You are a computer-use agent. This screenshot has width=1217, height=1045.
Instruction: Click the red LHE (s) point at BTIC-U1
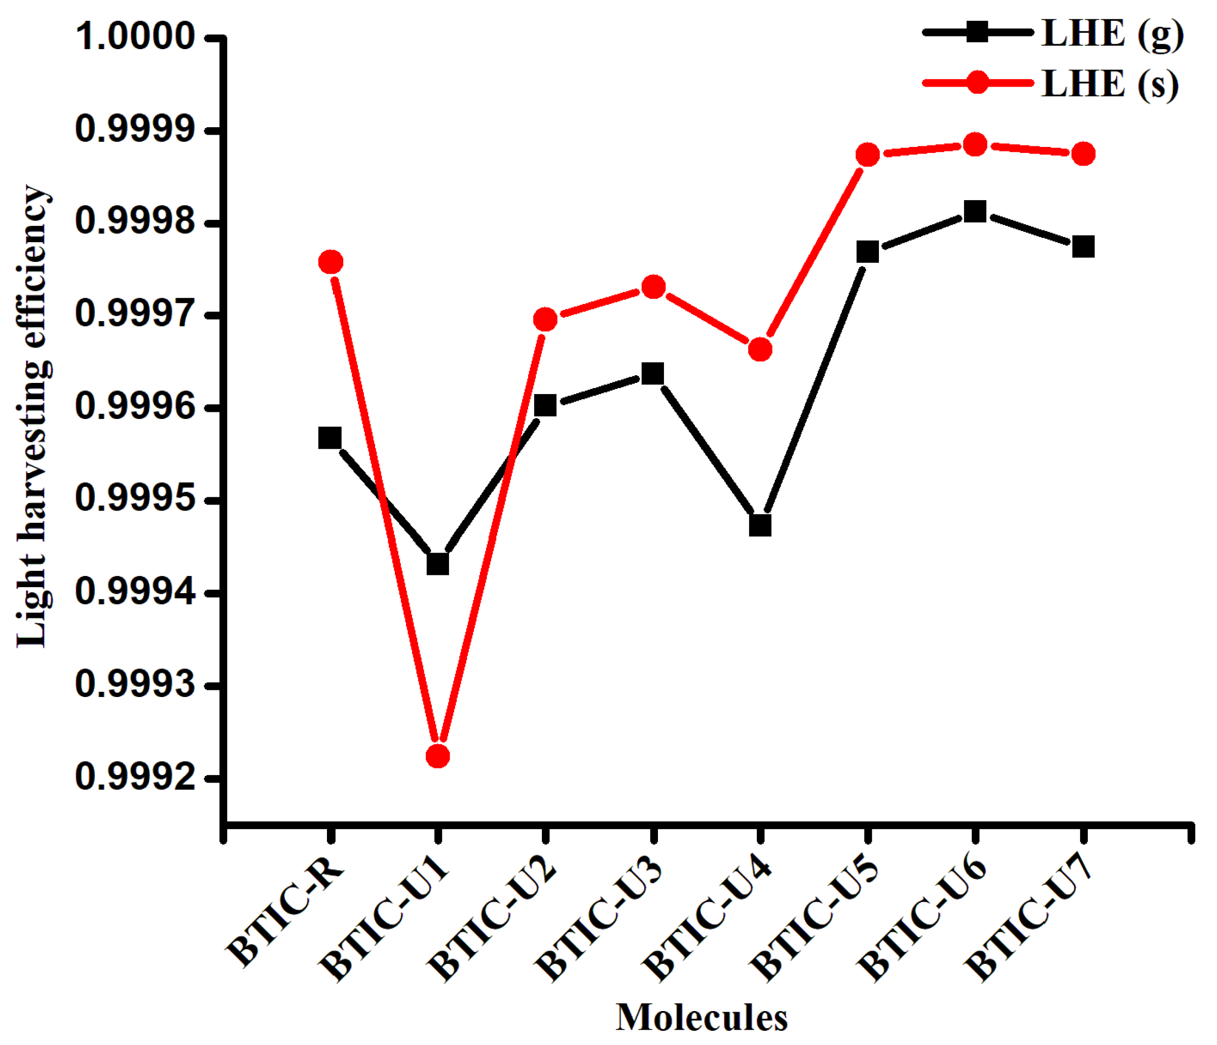pyautogui.click(x=437, y=756)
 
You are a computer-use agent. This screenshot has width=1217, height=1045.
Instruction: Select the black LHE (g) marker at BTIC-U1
pyautogui.click(x=437, y=564)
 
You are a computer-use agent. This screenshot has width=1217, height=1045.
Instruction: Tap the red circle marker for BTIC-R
pyautogui.click(x=330, y=262)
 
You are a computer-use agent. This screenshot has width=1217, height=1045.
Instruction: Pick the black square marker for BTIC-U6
pyautogui.click(x=975, y=211)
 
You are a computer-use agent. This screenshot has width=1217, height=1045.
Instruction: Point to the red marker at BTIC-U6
pyautogui.click(x=975, y=144)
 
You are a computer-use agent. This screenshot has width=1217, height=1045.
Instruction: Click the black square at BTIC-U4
pyautogui.click(x=760, y=525)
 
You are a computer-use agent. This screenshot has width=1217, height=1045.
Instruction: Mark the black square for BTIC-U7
pyautogui.click(x=1083, y=247)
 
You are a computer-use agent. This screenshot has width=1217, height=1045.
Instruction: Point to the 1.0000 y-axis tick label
pyautogui.click(x=135, y=37)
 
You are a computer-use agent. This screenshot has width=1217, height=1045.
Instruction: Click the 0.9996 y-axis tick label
pyautogui.click(x=135, y=407)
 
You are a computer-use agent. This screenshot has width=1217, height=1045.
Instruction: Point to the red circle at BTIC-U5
pyautogui.click(x=868, y=155)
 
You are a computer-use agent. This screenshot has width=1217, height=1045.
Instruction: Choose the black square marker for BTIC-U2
pyautogui.click(x=545, y=405)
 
